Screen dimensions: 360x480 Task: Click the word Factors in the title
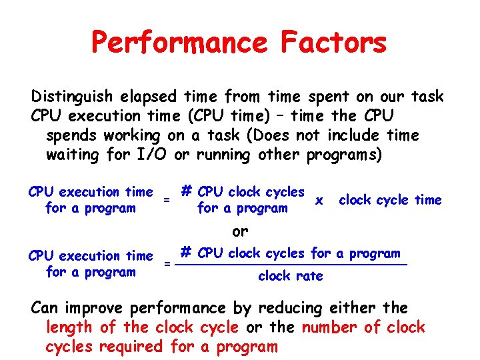(334, 43)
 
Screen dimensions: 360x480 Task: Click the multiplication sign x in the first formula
(319, 200)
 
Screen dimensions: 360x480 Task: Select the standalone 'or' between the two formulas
(240, 231)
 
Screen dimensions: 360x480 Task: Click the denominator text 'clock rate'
(290, 276)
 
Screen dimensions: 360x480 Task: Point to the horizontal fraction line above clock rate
(293, 265)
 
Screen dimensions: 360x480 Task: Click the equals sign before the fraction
(167, 264)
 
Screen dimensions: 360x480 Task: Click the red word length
(69, 327)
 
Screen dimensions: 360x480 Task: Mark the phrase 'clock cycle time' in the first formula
(390, 200)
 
